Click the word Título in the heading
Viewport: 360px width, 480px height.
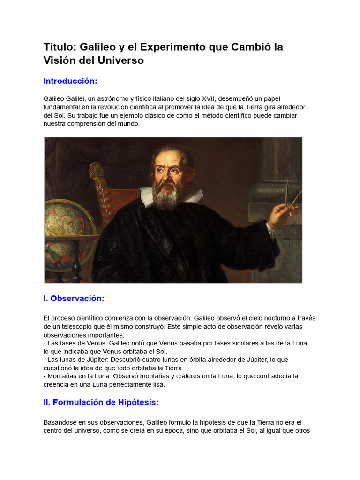click(x=60, y=47)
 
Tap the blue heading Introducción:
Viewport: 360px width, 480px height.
click(x=70, y=81)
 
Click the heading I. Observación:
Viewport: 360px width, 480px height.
click(x=74, y=299)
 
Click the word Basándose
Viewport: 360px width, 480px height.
click(x=61, y=422)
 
